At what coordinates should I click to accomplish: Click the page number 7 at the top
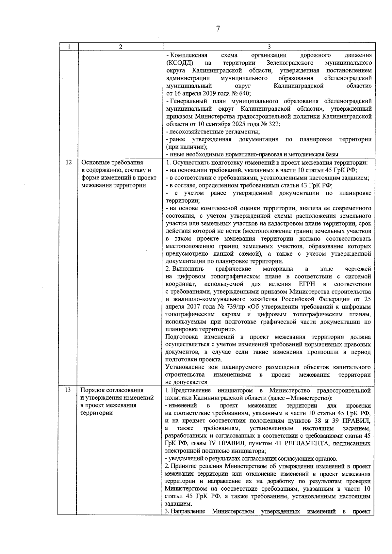(x=218, y=29)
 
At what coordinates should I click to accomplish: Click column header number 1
(x=69, y=47)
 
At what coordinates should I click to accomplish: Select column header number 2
(x=121, y=47)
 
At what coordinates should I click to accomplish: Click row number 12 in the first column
(x=69, y=162)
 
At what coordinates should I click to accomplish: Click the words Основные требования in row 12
(x=112, y=163)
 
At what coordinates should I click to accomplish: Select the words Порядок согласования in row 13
(x=112, y=390)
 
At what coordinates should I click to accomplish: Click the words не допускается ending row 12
(x=186, y=382)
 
